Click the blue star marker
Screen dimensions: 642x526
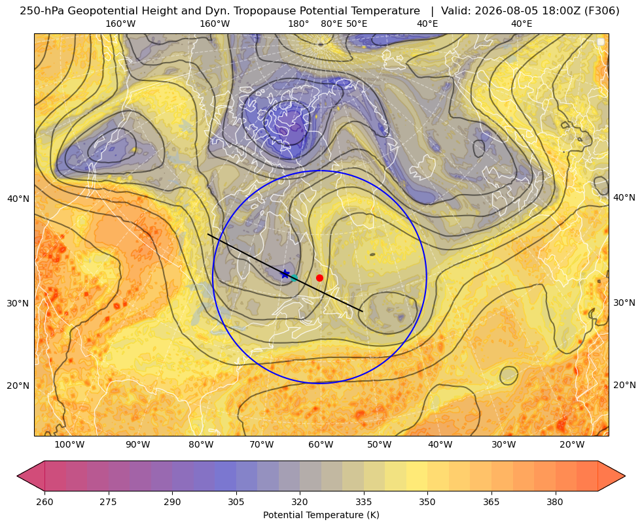[x=285, y=274]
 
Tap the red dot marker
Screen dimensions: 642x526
[x=320, y=278]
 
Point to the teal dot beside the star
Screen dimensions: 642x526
[x=294, y=278]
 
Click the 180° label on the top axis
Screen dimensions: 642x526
[x=298, y=24]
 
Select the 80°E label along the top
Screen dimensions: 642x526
[x=332, y=24]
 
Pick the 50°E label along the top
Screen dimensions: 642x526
[x=357, y=24]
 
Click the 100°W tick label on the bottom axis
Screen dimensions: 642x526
[x=69, y=445]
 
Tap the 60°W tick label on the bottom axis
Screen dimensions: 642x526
[x=321, y=445]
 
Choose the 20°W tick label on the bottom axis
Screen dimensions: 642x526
[x=572, y=445]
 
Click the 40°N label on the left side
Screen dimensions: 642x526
[x=18, y=199]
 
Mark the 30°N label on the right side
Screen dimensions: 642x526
[x=624, y=303]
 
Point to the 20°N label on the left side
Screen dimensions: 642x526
[x=18, y=386]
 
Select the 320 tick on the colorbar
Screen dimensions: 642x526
[x=300, y=502]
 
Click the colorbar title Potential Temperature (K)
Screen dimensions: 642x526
[x=321, y=515]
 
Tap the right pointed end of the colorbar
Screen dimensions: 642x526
[x=625, y=476]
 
